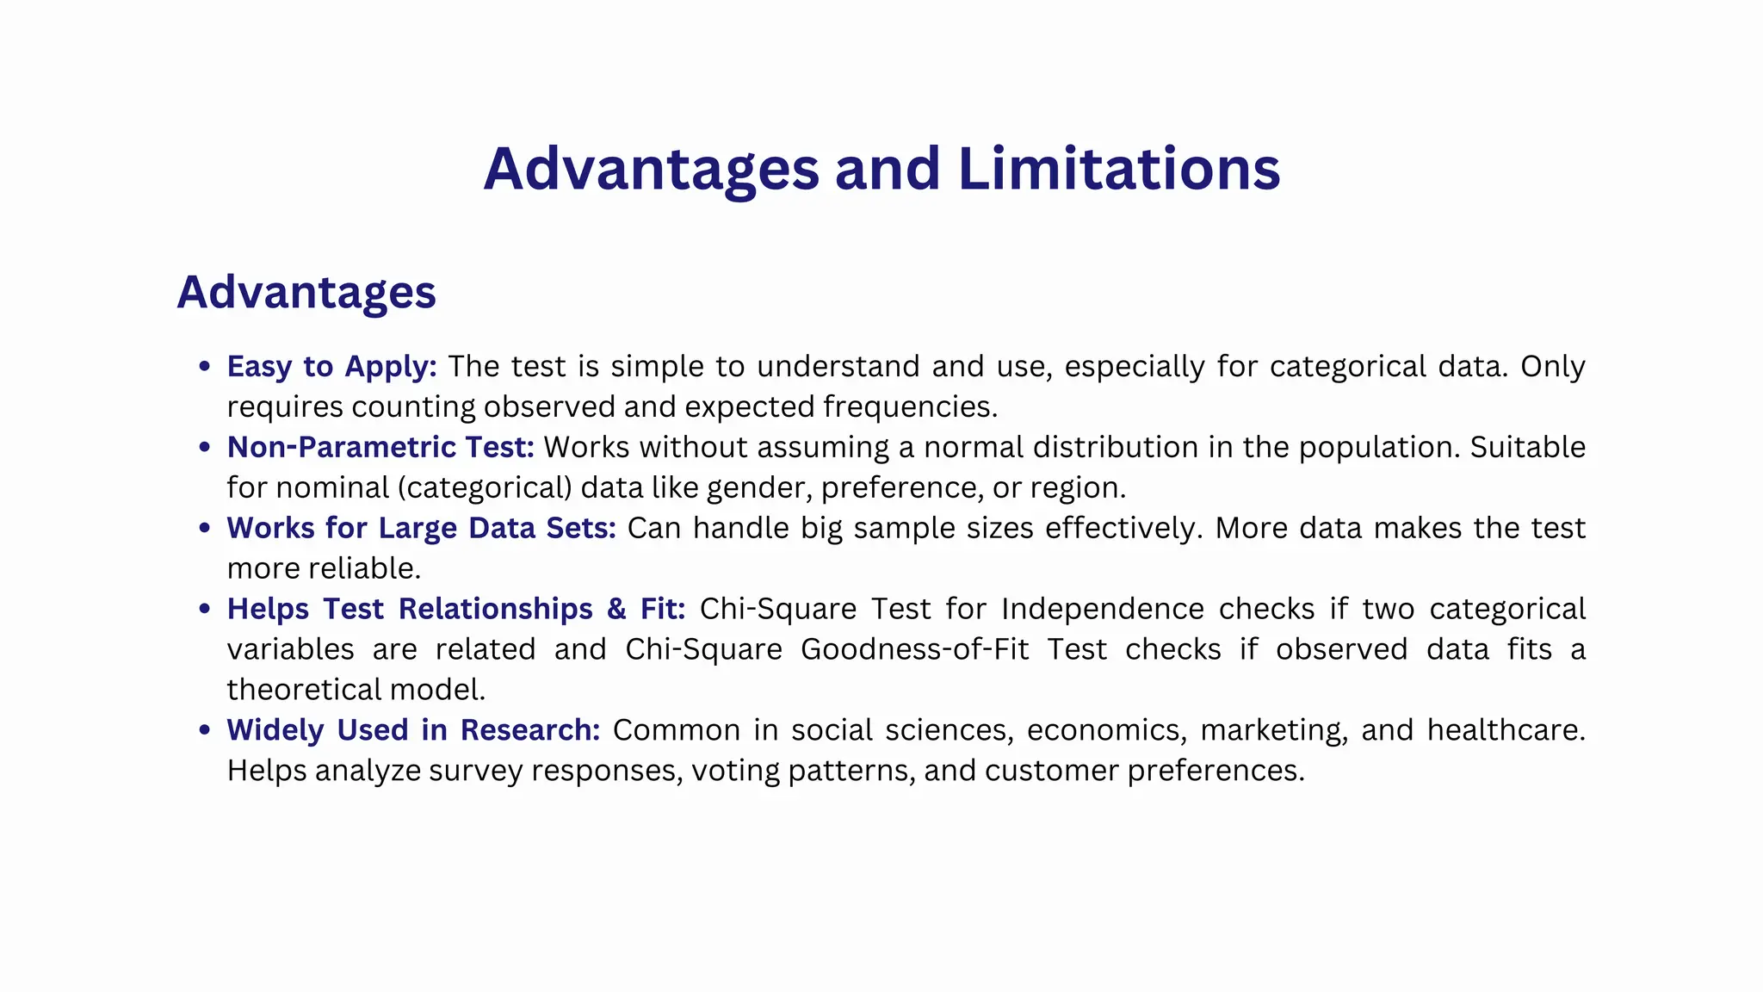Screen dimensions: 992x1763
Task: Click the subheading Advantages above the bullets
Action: [306, 293]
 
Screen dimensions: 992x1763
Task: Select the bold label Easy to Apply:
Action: [331, 367]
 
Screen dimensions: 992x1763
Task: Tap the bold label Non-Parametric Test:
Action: [380, 448]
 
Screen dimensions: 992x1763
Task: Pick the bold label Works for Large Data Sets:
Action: [421, 528]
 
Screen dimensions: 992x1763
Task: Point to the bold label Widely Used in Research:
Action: [413, 730]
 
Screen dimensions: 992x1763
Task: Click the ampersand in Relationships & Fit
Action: [616, 609]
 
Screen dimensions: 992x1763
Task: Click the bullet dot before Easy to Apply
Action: [204, 367]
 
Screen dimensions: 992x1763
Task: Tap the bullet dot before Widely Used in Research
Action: [204, 730]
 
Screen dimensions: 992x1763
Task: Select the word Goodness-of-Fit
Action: [914, 649]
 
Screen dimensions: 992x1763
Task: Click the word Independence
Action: [1102, 609]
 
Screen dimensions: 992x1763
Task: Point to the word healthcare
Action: [1506, 730]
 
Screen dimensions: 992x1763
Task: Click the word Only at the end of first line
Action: [1552, 367]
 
